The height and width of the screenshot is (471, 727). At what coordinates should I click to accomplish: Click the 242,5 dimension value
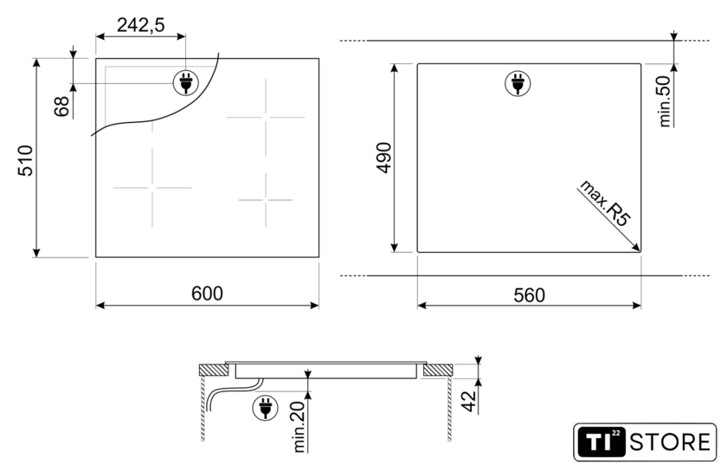click(140, 25)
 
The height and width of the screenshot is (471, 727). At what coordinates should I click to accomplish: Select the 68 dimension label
click(61, 106)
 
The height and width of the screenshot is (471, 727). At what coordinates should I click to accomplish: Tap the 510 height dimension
click(25, 160)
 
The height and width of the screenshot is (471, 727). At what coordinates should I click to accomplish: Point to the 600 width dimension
click(207, 294)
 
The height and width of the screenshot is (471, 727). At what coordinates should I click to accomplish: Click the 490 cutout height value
click(384, 158)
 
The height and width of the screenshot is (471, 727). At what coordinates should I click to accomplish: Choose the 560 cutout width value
click(529, 295)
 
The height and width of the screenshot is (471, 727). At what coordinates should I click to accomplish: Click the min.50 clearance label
click(665, 101)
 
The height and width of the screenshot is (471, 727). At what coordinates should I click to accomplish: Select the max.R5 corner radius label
click(605, 203)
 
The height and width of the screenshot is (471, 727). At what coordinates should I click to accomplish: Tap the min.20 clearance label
click(299, 427)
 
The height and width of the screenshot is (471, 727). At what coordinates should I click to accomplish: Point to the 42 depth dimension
click(470, 402)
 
